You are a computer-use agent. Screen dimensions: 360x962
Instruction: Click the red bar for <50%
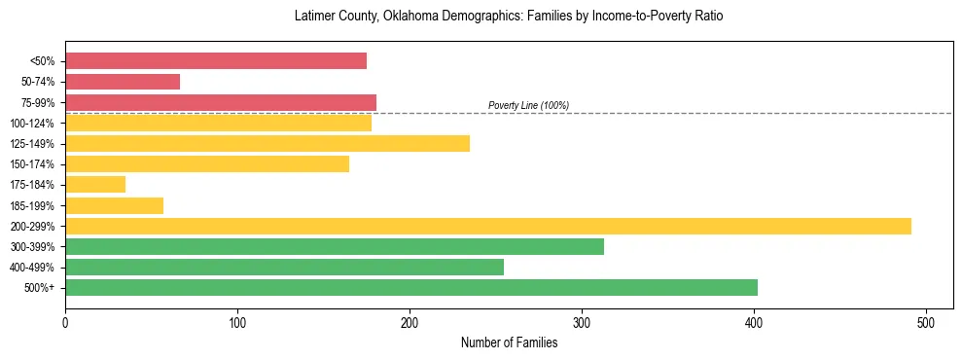(x=216, y=61)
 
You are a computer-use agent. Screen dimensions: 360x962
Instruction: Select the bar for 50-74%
(x=123, y=82)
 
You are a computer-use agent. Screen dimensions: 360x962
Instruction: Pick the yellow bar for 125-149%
(x=267, y=143)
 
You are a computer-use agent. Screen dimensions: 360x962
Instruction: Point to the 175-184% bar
(x=95, y=184)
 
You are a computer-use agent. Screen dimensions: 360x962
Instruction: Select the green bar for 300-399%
(x=335, y=246)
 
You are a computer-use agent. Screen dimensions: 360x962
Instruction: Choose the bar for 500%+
(x=411, y=287)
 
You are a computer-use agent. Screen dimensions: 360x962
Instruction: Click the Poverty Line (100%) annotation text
(x=528, y=105)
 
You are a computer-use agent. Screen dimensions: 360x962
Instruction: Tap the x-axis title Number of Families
(x=509, y=342)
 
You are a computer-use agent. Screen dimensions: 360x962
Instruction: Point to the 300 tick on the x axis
(x=582, y=322)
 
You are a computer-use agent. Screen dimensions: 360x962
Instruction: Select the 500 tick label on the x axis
(x=926, y=322)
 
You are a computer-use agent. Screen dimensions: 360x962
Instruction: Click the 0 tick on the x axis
(x=65, y=322)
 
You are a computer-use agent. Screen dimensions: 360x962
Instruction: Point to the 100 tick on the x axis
(x=237, y=322)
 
